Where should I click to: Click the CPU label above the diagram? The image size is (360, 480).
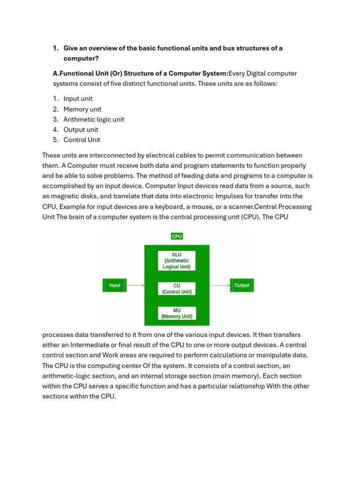pos(177,236)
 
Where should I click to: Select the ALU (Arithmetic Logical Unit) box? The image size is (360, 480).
pos(177,261)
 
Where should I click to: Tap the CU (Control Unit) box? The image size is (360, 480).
pos(177,288)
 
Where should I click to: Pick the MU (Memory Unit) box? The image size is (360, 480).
pos(177,313)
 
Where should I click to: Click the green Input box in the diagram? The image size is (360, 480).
pos(114,285)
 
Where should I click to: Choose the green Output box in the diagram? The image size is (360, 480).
pos(241,285)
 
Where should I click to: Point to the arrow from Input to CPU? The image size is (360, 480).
pos(135,285)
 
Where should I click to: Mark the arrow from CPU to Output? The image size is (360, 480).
pos(219,285)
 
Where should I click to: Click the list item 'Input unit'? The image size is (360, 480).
pos(78,98)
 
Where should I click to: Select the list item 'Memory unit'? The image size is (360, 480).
pos(82,109)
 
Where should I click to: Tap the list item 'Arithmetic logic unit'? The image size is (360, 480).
pos(94,120)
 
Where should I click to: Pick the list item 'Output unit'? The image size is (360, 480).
pos(81,130)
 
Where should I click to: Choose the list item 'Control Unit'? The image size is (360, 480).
pos(82,140)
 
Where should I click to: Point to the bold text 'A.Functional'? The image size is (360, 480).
pos(74,74)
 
